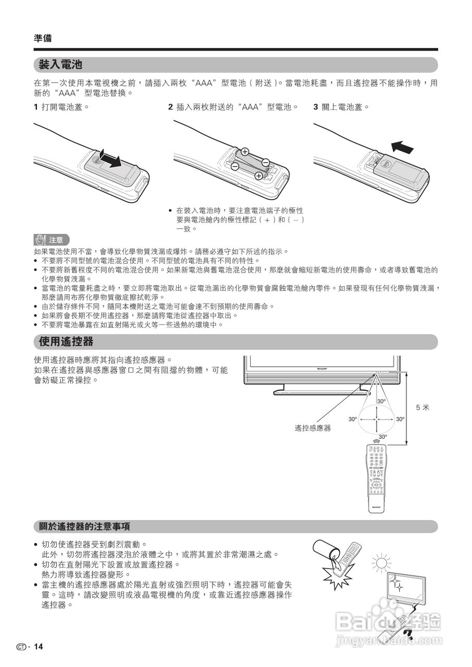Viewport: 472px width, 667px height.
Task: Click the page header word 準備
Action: (x=42, y=38)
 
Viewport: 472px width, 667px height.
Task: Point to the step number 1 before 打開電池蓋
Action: (x=35, y=107)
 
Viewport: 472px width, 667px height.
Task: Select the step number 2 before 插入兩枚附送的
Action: (x=170, y=107)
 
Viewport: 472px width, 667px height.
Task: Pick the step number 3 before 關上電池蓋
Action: (x=316, y=107)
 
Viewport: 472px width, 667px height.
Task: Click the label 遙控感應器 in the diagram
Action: (x=313, y=428)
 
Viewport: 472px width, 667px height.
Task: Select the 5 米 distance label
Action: (x=423, y=407)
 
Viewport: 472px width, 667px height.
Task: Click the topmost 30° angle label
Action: (x=381, y=401)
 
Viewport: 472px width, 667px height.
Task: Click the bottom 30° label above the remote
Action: (x=383, y=437)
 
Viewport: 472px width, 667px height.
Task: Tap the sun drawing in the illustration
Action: (x=382, y=563)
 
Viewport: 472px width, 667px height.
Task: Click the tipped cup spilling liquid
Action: (x=325, y=552)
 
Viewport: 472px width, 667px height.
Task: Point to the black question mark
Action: (x=408, y=635)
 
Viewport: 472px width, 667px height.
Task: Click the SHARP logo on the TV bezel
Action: (x=321, y=368)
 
